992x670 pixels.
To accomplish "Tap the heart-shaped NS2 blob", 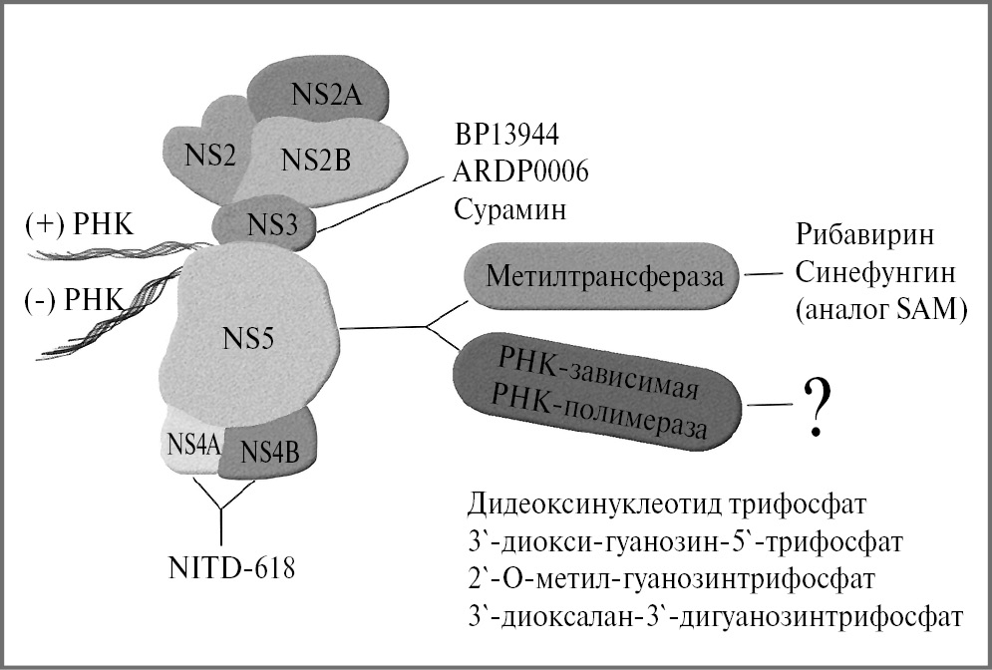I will tap(204, 152).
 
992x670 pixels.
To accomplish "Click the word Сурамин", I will tap(502, 208).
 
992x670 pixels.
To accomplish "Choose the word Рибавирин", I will tap(865, 236).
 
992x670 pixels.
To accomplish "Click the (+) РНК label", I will tap(71, 225).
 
